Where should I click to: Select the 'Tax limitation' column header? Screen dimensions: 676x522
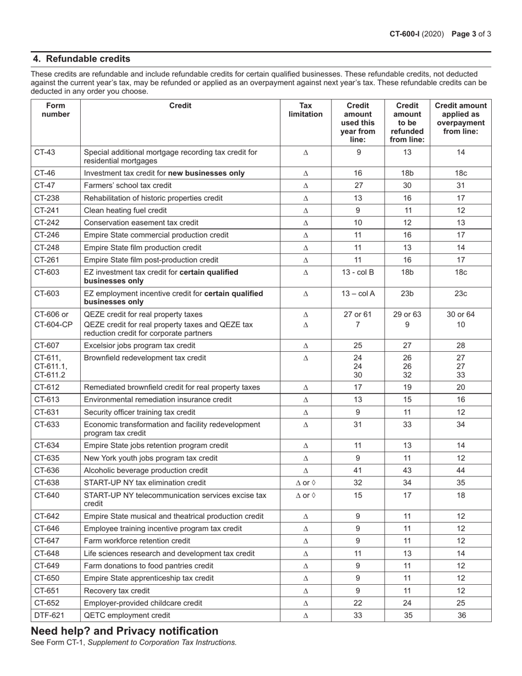tap(306, 110)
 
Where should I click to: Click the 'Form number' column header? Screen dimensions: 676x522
tap(55, 110)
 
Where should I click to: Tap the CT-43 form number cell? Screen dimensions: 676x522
tap(46, 152)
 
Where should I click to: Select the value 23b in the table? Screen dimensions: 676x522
tap(407, 293)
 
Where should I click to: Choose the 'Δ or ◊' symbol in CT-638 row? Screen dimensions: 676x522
tap(306, 483)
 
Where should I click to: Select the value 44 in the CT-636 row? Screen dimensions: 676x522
tap(461, 470)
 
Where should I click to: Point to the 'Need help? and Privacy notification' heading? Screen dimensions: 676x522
tap(125, 630)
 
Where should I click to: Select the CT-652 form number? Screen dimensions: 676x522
tap(46, 603)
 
